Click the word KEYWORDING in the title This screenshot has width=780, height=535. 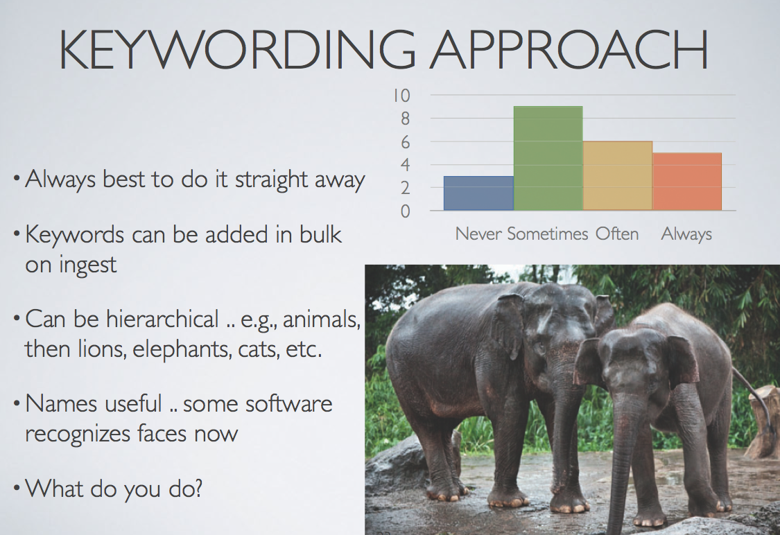(x=237, y=50)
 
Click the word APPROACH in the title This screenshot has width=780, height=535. (x=569, y=50)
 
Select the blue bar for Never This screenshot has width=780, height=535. (x=478, y=193)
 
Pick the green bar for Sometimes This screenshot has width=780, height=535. (x=548, y=158)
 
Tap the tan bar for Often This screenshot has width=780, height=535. (x=618, y=175)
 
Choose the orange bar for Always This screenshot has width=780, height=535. (x=687, y=182)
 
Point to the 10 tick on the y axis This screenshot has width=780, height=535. (x=401, y=95)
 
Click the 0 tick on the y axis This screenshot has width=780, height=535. (x=406, y=211)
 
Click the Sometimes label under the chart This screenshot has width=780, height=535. (x=547, y=234)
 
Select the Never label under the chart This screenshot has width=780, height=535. (x=478, y=234)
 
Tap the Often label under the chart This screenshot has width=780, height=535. (x=617, y=234)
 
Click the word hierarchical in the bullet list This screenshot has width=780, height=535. (x=162, y=319)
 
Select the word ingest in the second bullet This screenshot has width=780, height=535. (x=87, y=265)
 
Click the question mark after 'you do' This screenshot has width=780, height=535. (x=197, y=488)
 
